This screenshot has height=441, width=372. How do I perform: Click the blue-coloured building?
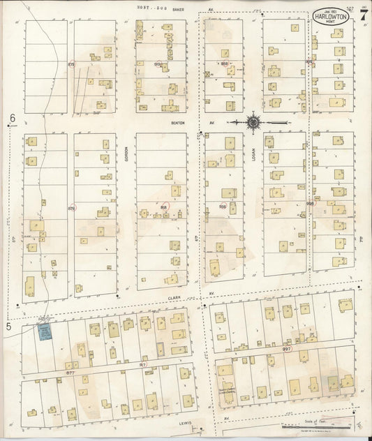[x=46, y=330]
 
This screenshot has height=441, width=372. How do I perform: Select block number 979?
[x=71, y=64]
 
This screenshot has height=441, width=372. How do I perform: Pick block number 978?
[x=71, y=207]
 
